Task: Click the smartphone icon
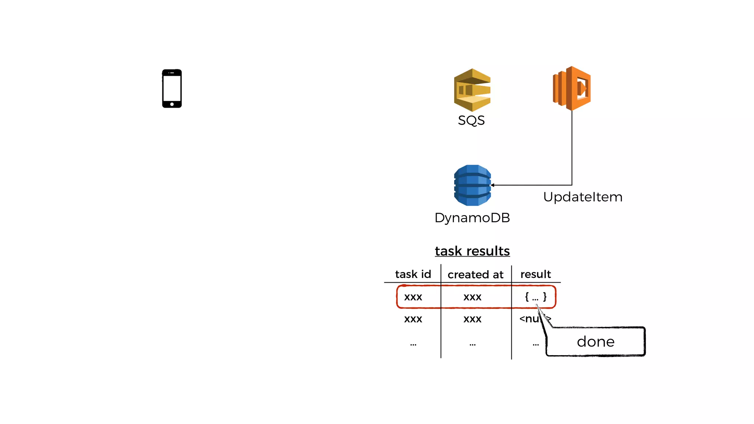click(172, 88)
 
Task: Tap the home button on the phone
click(172, 105)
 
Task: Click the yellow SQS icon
click(472, 90)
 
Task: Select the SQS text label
click(471, 120)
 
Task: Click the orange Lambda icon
click(572, 88)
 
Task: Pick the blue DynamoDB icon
click(472, 185)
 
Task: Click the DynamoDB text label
click(472, 218)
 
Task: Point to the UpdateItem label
click(583, 197)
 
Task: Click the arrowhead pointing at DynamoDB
click(493, 185)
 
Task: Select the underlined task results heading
click(472, 251)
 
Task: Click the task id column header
click(413, 274)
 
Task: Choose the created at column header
click(475, 275)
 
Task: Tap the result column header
click(535, 274)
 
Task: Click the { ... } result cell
click(535, 297)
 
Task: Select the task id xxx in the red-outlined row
click(413, 297)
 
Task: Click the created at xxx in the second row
click(472, 319)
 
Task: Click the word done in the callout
click(595, 342)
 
